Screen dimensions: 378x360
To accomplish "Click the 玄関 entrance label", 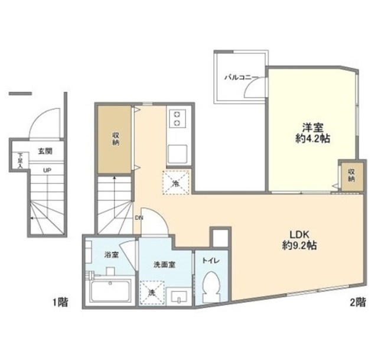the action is pyautogui.click(x=45, y=151).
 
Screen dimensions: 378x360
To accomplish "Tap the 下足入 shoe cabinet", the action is pyautogui.click(x=20, y=161).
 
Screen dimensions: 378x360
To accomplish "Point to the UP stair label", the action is pyautogui.click(x=47, y=170).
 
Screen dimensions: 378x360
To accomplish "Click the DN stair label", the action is pyautogui.click(x=139, y=218).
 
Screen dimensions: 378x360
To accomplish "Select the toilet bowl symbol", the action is pyautogui.click(x=211, y=287).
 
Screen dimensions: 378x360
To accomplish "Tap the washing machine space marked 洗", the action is pyautogui.click(x=152, y=293).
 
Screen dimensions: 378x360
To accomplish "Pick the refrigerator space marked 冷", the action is pyautogui.click(x=176, y=182).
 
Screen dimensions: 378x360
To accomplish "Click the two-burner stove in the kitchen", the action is pyautogui.click(x=178, y=118).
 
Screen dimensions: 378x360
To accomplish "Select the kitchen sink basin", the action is pyautogui.click(x=178, y=154).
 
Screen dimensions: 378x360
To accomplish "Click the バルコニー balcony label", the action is pyautogui.click(x=242, y=77).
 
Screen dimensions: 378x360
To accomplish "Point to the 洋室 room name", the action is pyautogui.click(x=313, y=127).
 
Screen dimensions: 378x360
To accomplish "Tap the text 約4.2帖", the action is pyautogui.click(x=313, y=139).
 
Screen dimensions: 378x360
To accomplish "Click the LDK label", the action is pyautogui.click(x=299, y=234).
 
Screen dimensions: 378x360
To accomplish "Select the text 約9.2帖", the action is pyautogui.click(x=299, y=246).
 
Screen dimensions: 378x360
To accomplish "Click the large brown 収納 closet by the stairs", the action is pyautogui.click(x=115, y=139).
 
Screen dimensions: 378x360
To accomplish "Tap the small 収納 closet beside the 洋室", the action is pyautogui.click(x=351, y=176).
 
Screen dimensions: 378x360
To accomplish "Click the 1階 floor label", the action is pyautogui.click(x=60, y=302).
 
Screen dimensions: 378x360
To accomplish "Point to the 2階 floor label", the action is pyautogui.click(x=358, y=302).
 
